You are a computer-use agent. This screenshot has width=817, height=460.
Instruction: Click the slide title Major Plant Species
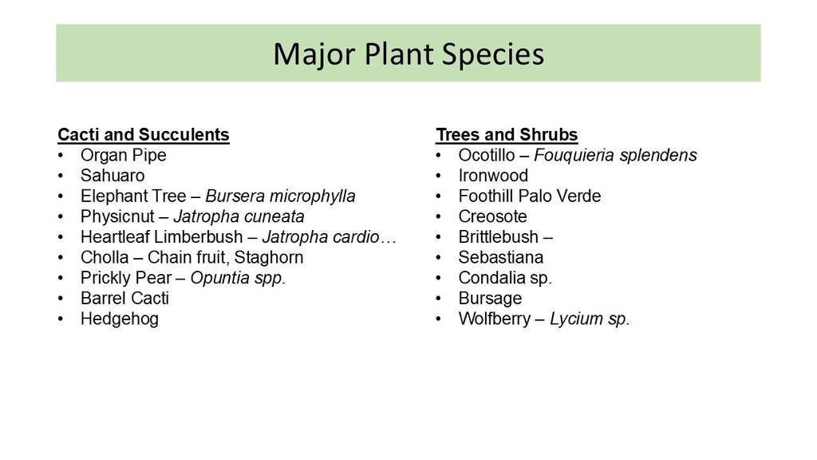coord(408,54)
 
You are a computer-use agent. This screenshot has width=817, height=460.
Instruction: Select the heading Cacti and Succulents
coord(144,134)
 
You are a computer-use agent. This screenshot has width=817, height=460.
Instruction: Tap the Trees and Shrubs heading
coord(507,134)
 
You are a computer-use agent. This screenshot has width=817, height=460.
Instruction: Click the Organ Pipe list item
coord(124,156)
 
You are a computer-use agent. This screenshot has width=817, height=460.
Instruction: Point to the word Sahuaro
coord(112,175)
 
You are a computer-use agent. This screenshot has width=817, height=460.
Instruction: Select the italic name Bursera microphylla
coord(280,196)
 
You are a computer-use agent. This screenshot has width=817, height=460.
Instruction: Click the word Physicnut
coord(118,216)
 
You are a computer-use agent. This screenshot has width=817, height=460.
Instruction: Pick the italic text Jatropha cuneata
coord(239,216)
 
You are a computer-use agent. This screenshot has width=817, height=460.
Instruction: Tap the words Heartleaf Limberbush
coord(161,236)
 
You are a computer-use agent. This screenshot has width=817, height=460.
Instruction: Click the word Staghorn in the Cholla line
coord(268,258)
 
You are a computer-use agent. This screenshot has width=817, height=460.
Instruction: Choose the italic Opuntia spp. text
coord(238,278)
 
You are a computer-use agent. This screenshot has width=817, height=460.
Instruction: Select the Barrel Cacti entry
coord(124,299)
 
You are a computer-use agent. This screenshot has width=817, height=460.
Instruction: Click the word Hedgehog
coord(120,319)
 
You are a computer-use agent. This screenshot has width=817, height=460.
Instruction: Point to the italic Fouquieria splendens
coord(615,156)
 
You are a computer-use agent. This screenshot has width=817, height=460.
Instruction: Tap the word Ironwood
coord(493,175)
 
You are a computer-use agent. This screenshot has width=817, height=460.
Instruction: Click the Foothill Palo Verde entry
coord(530,196)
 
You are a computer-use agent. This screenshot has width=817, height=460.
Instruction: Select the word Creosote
coord(492,216)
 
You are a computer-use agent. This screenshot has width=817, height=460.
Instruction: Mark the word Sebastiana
coord(501,257)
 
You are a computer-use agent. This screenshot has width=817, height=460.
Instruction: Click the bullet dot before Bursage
coord(439,299)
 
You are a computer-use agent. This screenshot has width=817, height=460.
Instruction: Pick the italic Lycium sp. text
coord(590,319)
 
